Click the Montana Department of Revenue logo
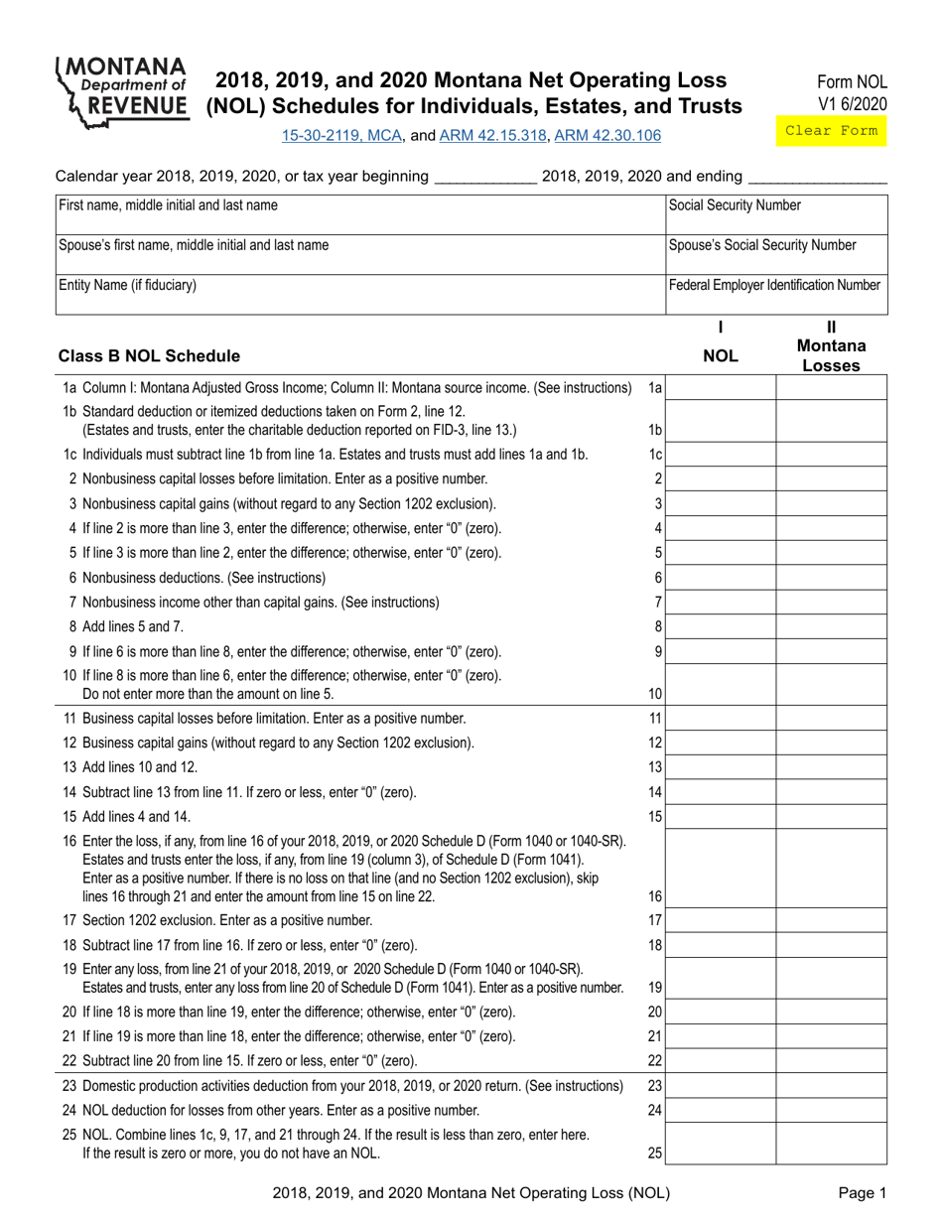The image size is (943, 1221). tap(122, 92)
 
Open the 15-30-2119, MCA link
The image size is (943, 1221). tap(342, 135)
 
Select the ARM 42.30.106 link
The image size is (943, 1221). tap(607, 135)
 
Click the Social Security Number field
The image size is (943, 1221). tap(775, 214)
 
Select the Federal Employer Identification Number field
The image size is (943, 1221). tap(775, 295)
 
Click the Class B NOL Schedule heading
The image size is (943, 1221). tap(149, 355)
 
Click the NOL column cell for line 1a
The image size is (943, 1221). tap(721, 388)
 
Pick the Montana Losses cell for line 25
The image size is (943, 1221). tap(832, 1144)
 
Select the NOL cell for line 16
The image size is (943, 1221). tap(721, 869)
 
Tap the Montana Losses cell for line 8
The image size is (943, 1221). tap(832, 627)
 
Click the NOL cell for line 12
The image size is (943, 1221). tap(721, 743)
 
